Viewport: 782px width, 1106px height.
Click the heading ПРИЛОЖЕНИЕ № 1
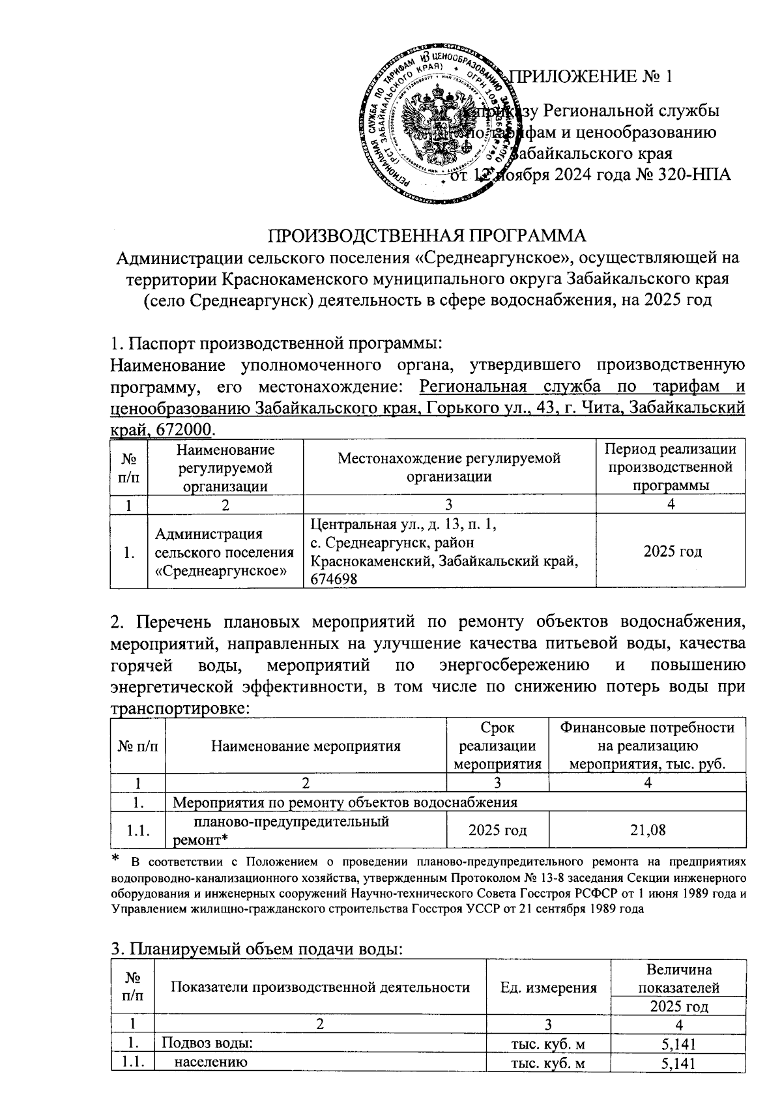592,78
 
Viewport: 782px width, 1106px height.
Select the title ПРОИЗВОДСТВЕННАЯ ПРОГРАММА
427,236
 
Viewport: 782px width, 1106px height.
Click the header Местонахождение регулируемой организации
449,467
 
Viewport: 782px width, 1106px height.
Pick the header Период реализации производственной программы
671,467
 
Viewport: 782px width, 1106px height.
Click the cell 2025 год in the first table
672,551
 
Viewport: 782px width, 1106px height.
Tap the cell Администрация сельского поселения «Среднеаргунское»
225,552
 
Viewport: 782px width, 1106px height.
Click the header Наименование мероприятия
306,746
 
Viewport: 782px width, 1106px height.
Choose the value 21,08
648,830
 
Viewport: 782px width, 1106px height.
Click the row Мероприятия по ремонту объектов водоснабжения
345,802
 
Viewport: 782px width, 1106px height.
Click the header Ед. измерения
548,987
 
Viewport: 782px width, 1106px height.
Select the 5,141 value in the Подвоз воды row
678,1044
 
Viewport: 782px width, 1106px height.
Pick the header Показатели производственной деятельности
320,987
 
